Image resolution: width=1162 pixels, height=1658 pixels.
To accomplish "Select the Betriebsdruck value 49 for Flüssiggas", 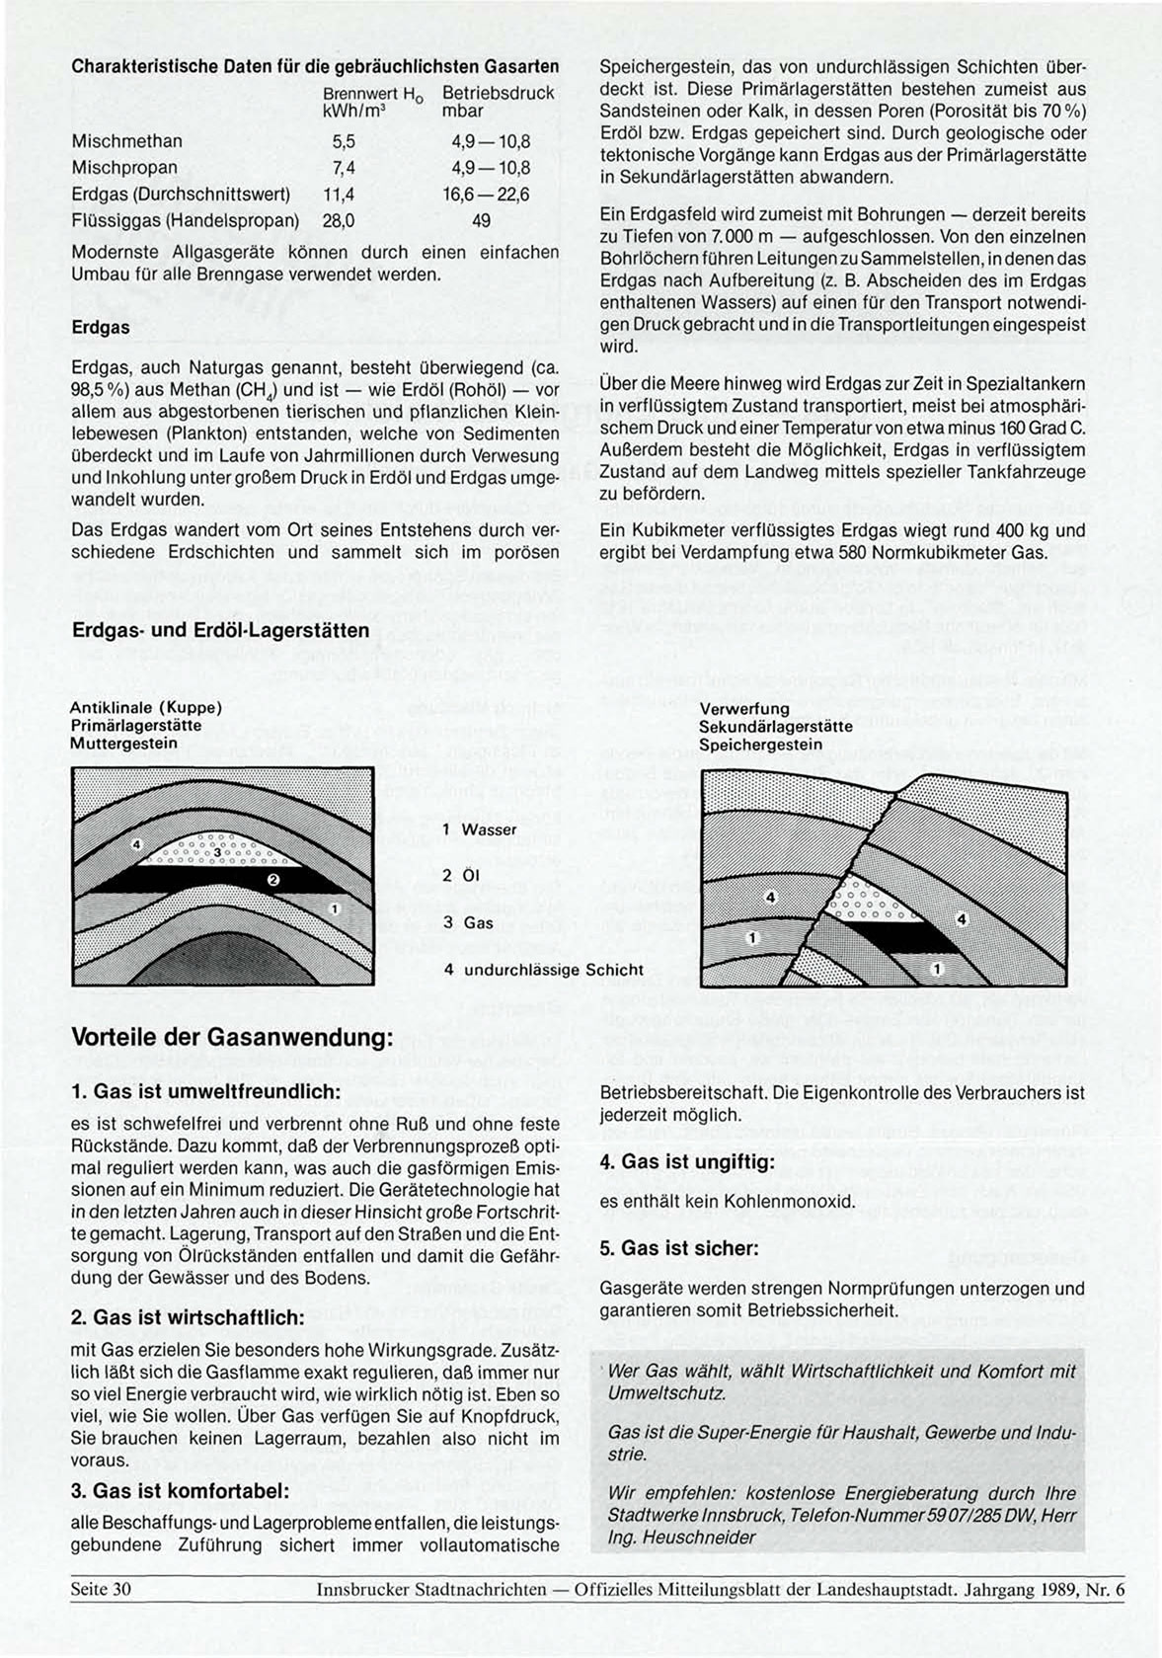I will click(481, 221).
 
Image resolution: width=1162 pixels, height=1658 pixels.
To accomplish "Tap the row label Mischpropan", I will click(124, 168).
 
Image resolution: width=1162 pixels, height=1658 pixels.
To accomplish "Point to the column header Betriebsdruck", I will click(498, 93).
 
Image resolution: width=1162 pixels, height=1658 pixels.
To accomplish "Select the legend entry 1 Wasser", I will click(480, 829).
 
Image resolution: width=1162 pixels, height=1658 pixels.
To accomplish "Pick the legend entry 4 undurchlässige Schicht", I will click(544, 970).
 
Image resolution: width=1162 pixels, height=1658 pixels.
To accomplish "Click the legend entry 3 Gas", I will click(468, 922).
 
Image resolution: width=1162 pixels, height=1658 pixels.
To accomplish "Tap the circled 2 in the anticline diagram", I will click(274, 879).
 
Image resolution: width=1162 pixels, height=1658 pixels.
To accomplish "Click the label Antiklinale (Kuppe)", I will click(146, 708).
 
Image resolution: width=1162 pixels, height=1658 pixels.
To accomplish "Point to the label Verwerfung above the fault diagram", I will click(744, 709).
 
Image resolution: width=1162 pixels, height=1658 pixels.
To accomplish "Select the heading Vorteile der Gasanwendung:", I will click(233, 1038).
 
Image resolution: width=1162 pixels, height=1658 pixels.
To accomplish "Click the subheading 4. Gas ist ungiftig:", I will click(687, 1162).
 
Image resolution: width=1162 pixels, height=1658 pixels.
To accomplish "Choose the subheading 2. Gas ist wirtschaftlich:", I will click(189, 1317).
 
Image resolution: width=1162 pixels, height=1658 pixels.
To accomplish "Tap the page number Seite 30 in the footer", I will click(101, 1590).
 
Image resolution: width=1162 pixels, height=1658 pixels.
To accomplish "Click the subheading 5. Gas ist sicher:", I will click(679, 1248).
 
